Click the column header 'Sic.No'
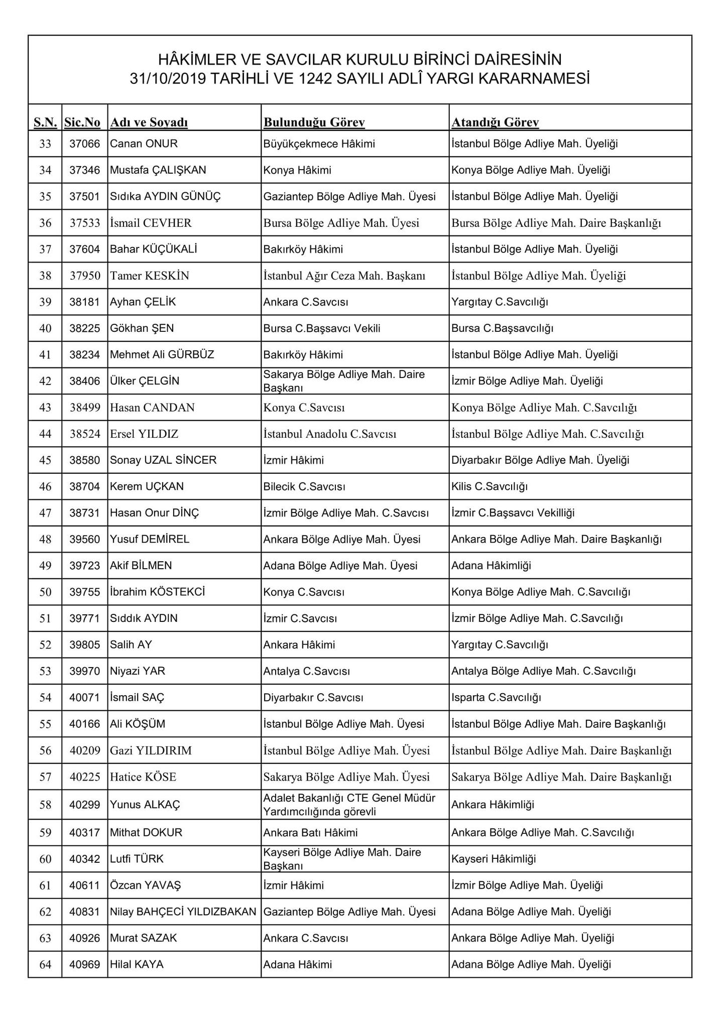pyautogui.click(x=82, y=122)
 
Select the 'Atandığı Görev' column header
pyautogui.click(x=495, y=122)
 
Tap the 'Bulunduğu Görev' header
pyautogui.click(x=314, y=122)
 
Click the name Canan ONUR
pyautogui.click(x=144, y=144)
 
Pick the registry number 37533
pyautogui.click(x=85, y=223)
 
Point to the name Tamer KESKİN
pyautogui.click(x=150, y=276)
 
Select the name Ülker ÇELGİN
pyautogui.click(x=145, y=381)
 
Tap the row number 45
pyautogui.click(x=45, y=460)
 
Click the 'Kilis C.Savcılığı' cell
pyautogui.click(x=490, y=486)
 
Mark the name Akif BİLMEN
pyautogui.click(x=141, y=566)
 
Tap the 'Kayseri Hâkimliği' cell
pyautogui.click(x=494, y=859)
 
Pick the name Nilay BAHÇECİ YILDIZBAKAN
pyautogui.click(x=183, y=912)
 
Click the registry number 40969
pyautogui.click(x=85, y=964)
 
